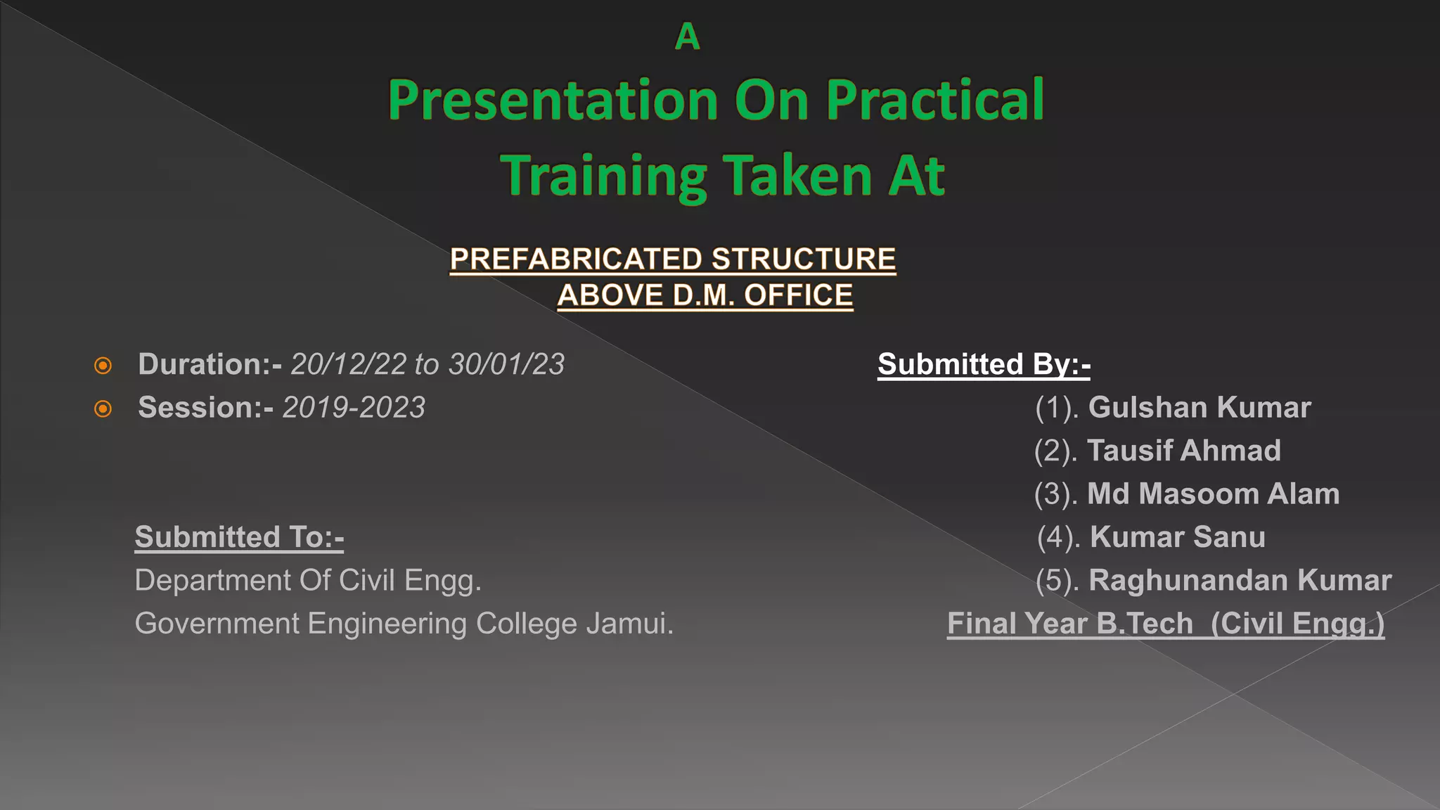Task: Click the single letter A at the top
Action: point(687,37)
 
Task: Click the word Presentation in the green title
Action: point(553,101)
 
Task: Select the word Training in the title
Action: point(603,176)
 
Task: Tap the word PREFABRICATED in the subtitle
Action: point(576,259)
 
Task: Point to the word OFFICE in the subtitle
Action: point(798,295)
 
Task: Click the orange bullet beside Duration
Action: point(103,366)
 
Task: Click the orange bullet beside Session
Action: point(103,409)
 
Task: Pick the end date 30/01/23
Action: point(506,364)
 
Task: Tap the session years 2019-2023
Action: point(354,408)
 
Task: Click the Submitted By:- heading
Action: point(984,364)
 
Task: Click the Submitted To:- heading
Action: point(239,537)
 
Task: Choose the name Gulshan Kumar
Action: point(1200,408)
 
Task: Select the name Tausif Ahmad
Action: point(1184,451)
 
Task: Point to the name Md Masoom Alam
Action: point(1213,494)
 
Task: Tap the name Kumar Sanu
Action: point(1178,537)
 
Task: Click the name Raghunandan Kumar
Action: point(1240,580)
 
